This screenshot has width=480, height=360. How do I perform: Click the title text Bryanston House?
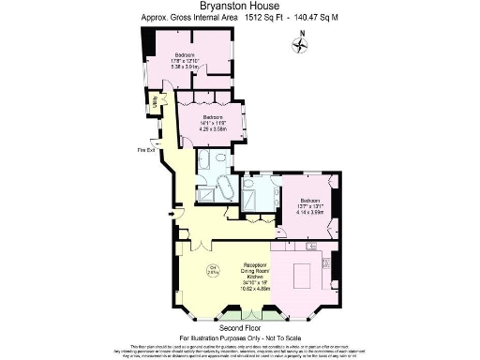coord(239,7)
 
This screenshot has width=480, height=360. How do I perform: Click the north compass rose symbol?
coord(300,47)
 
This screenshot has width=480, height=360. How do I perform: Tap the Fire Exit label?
coord(145,149)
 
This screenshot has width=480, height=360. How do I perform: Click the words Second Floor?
coord(239,328)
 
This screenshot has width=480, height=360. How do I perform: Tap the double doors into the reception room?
coord(200,246)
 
